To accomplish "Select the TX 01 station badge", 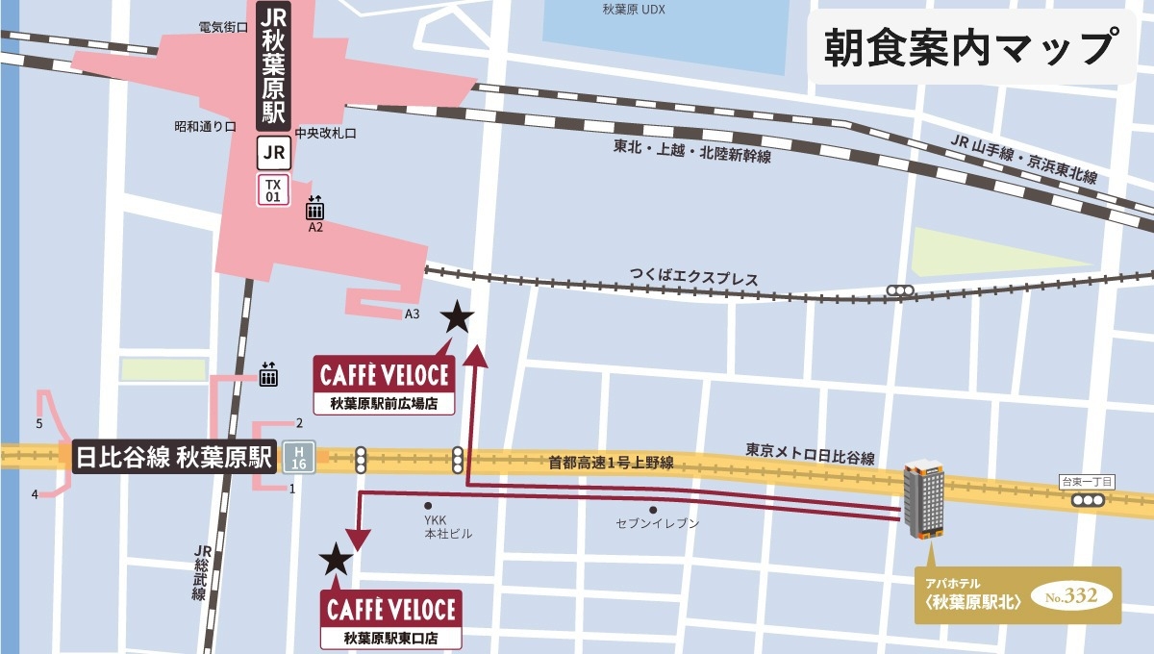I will [273, 189].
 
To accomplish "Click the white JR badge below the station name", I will [273, 151].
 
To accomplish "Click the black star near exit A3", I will [457, 316].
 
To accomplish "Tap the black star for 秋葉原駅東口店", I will [335, 557].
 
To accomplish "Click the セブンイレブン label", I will [657, 524].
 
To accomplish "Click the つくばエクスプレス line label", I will [693, 279].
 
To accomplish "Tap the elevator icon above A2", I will [315, 208].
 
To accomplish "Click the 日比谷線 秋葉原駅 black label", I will [174, 457].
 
